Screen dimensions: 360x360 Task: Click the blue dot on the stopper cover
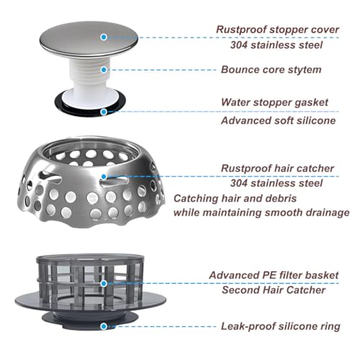pyautogui.click(x=104, y=37)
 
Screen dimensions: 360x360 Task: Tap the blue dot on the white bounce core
pyautogui.click(x=104, y=70)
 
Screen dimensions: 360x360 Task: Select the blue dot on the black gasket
pyautogui.click(x=104, y=112)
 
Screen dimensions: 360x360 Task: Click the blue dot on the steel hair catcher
pyautogui.click(x=104, y=177)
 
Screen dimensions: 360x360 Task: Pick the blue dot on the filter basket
pyautogui.click(x=104, y=284)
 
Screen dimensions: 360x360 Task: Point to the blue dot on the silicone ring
pyautogui.click(x=104, y=326)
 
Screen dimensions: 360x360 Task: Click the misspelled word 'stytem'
pyautogui.click(x=305, y=70)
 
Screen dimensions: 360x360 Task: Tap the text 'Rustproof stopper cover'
pyautogui.click(x=277, y=30)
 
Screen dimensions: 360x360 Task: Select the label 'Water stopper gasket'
pyautogui.click(x=274, y=102)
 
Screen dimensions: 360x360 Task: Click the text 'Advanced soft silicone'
pyautogui.click(x=279, y=120)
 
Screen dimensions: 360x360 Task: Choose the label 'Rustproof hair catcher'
pyautogui.click(x=277, y=168)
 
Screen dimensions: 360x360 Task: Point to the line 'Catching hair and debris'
pyautogui.click(x=235, y=199)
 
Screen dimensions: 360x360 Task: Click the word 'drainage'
pyautogui.click(x=326, y=213)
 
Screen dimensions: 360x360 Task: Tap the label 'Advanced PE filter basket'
pyautogui.click(x=274, y=275)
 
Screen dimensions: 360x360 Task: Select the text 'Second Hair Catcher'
pyautogui.click(x=274, y=290)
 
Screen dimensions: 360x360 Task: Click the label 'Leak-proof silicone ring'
pyautogui.click(x=281, y=326)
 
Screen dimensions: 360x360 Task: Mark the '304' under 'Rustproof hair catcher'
pyautogui.click(x=239, y=184)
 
